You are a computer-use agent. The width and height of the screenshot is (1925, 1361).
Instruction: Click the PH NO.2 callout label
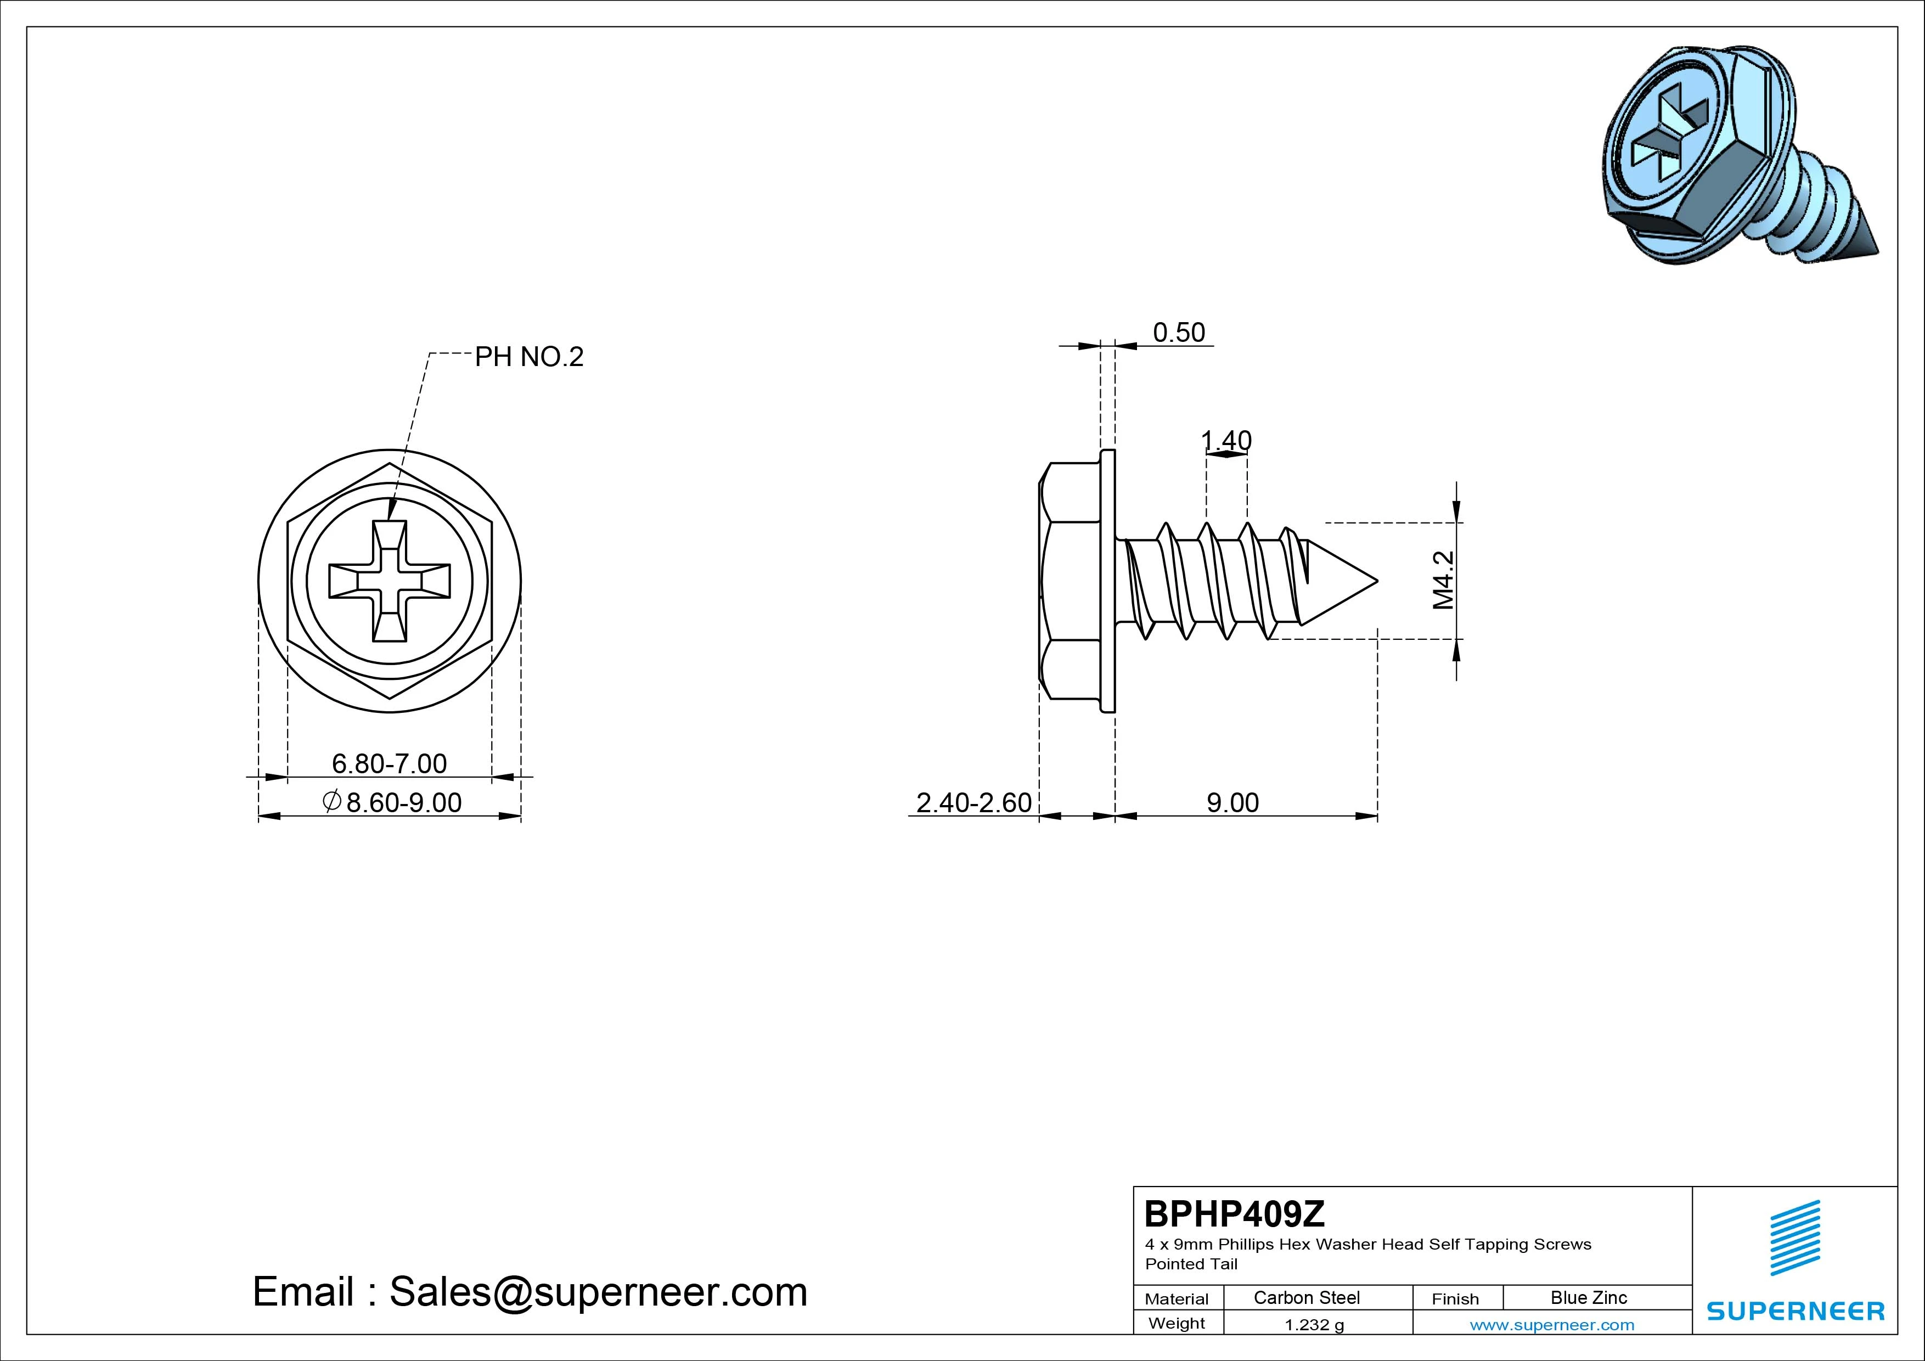(529, 357)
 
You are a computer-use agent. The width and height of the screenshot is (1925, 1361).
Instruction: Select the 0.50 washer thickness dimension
(1179, 333)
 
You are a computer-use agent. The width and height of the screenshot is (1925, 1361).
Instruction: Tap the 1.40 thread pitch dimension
(1226, 440)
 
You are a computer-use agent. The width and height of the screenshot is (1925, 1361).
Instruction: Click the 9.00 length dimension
(1232, 802)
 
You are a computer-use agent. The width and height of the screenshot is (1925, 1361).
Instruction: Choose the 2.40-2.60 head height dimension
(973, 802)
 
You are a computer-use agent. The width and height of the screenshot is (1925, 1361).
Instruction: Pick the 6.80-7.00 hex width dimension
(389, 763)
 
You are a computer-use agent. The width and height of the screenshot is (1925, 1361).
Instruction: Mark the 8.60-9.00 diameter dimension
(392, 802)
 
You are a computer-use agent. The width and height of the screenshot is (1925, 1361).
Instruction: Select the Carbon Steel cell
(1306, 1297)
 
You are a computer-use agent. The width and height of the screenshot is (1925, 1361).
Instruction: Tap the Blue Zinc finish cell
(1589, 1297)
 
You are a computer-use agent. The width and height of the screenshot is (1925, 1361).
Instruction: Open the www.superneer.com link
(1552, 1325)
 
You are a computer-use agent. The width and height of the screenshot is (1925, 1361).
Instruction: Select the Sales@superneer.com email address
(598, 1291)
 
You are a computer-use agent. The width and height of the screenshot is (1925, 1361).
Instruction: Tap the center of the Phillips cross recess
(389, 580)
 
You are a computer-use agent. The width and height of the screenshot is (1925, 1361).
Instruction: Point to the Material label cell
(1177, 1298)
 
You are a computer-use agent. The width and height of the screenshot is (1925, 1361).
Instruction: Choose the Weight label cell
(1177, 1323)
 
